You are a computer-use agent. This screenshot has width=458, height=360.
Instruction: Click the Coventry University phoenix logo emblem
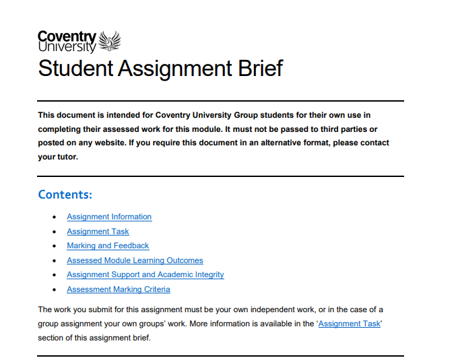click(110, 42)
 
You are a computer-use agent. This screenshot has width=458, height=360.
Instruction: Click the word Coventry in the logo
click(67, 36)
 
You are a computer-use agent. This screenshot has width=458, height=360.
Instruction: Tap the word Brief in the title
click(257, 69)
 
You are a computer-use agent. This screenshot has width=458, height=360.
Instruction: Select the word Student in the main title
click(74, 69)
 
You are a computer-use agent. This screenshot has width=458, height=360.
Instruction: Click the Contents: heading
click(65, 194)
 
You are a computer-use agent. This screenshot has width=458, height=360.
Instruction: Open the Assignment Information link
click(109, 217)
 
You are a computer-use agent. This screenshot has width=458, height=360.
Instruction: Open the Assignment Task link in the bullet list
click(98, 231)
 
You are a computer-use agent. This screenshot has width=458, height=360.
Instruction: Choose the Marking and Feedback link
click(108, 246)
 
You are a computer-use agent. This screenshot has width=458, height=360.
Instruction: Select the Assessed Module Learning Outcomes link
click(135, 260)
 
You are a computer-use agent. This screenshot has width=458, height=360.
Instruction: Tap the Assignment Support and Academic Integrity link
click(145, 275)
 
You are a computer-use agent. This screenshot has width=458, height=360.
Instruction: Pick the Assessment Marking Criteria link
click(118, 289)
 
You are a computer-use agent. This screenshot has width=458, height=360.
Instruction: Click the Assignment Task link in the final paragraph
click(350, 324)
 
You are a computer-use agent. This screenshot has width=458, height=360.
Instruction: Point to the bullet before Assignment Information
click(55, 217)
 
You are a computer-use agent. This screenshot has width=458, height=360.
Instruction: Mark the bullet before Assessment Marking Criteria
click(55, 290)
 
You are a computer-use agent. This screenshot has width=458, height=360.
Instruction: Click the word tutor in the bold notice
click(67, 157)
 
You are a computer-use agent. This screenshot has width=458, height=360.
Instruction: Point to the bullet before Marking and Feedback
click(55, 246)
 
